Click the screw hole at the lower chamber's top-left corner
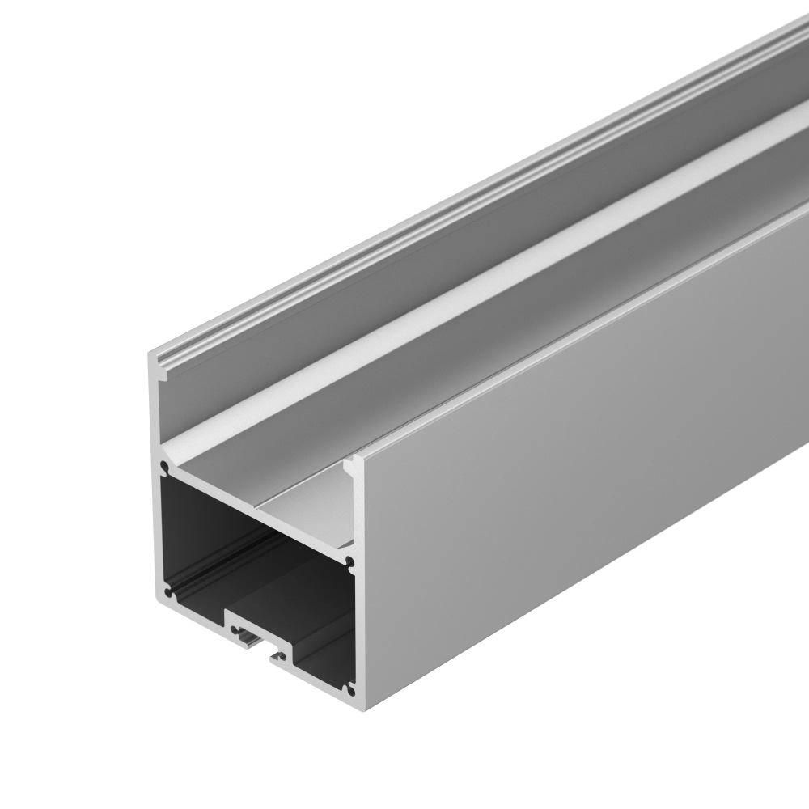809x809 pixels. coord(165,468)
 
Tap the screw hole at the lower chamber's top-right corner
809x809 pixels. coord(350,559)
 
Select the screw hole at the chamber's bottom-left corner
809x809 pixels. coord(168,593)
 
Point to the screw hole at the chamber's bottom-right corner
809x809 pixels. coord(350,688)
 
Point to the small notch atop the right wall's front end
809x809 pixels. coord(350,464)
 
